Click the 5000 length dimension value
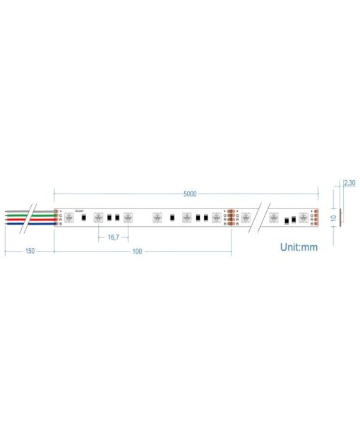(x=190, y=194)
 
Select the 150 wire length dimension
(x=30, y=251)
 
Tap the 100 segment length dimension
(x=137, y=251)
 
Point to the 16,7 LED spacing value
(x=113, y=237)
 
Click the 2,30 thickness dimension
(x=349, y=183)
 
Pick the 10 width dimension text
(x=333, y=218)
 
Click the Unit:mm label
(x=300, y=247)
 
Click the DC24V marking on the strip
(x=79, y=210)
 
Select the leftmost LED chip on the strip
(x=69, y=218)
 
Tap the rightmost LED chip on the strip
(x=304, y=218)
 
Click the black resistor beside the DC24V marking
(x=84, y=218)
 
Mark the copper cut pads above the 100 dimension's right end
(x=232, y=218)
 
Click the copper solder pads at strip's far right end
(x=317, y=218)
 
